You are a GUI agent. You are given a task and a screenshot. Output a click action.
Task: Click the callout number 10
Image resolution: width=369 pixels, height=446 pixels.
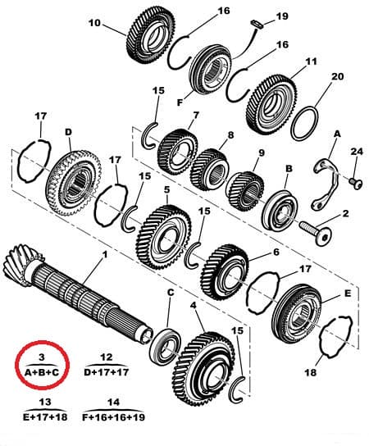[95, 23]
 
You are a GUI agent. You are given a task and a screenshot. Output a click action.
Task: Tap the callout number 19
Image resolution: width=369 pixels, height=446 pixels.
[282, 16]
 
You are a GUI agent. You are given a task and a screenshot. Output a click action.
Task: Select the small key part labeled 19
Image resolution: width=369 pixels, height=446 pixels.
[257, 24]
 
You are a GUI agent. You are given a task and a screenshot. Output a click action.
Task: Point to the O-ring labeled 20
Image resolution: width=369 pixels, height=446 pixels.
[304, 123]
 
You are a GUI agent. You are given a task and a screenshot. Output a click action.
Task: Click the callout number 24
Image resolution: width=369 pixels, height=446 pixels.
[357, 152]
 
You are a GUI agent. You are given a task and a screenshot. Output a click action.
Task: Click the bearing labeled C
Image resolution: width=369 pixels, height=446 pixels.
[166, 348]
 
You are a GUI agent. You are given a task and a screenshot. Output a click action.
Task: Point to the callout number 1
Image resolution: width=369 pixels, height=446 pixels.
[105, 255]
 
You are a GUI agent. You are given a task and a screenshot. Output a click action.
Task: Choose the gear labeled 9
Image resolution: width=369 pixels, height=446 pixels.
[245, 191]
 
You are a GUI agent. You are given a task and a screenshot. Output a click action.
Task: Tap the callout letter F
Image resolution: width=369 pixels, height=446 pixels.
[180, 102]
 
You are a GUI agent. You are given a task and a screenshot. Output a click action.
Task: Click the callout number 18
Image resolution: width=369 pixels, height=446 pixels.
[311, 372]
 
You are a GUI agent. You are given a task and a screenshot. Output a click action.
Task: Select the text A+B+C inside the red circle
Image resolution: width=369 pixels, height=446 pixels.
[42, 372]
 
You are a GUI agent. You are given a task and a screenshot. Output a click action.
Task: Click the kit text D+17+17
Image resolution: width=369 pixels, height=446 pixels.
[106, 372]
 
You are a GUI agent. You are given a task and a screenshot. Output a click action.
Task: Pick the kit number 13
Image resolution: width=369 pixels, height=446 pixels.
[45, 402]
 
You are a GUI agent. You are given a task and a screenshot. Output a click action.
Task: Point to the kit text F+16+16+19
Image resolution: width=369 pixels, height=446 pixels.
[113, 417]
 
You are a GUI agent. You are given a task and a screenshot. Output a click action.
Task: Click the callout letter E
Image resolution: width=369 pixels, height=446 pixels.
[348, 294]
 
